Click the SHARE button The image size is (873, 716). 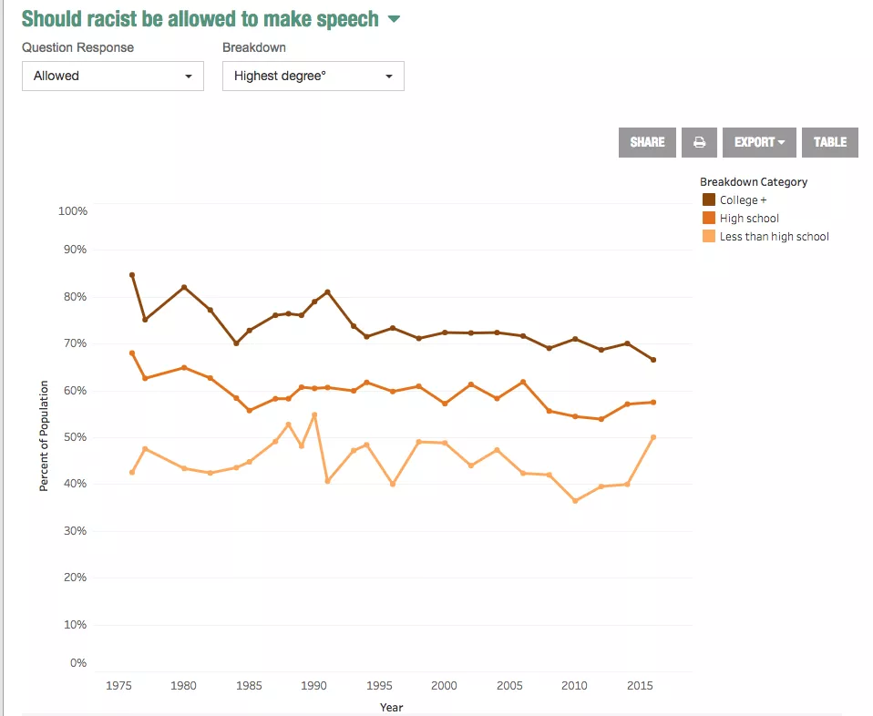tap(647, 142)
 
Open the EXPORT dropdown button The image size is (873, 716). tap(759, 142)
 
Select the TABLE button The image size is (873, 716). tap(830, 142)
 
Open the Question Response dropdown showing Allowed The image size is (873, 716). tap(113, 77)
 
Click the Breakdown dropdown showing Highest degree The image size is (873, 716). tap(313, 77)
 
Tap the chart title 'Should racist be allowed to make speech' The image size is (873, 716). tap(200, 19)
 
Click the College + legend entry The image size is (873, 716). tap(750, 199)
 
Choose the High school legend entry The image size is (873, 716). tap(749, 218)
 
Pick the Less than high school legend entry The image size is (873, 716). tap(774, 237)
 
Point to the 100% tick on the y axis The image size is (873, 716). tap(72, 211)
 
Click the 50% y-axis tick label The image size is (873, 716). tap(73, 437)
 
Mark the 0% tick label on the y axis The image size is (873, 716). tap(78, 663)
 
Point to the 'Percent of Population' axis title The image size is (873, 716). tap(44, 436)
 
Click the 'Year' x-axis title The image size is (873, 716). tap(391, 707)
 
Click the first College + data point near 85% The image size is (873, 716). tap(132, 275)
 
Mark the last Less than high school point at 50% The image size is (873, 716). tap(653, 437)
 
